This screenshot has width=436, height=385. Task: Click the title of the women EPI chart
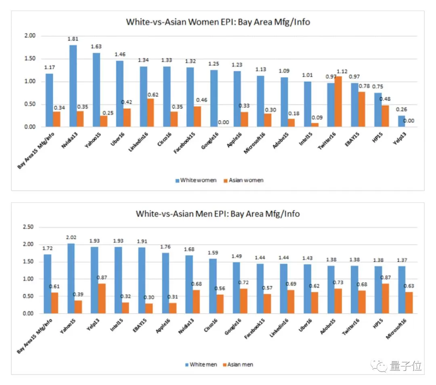pos(218,22)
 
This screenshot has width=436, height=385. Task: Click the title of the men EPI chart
pos(218,214)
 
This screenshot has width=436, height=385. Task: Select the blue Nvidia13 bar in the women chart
pos(73,86)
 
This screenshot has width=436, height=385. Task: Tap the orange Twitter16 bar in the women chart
pos(338,101)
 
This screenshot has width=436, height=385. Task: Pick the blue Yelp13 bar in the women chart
pos(402,121)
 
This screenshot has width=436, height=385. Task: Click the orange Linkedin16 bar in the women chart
pos(151,113)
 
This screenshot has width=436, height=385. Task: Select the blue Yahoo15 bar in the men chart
pos(71,278)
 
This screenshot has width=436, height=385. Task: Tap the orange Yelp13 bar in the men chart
pos(102,299)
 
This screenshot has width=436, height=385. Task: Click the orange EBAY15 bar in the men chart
pos(149,309)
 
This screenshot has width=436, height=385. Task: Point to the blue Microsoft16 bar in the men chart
pos(402,290)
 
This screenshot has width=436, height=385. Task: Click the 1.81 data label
pos(73,39)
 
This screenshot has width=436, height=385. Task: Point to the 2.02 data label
pos(71,237)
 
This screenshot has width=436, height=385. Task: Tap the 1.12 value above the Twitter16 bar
pos(342,71)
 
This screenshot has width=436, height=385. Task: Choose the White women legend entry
pos(196,180)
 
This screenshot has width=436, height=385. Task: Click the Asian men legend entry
pos(238,364)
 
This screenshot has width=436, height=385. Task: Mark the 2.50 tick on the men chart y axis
pos(28,227)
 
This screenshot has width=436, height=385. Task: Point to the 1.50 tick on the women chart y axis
pos(30,59)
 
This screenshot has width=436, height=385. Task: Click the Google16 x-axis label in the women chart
pos(210,141)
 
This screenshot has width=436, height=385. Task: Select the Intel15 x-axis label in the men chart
pos(117,325)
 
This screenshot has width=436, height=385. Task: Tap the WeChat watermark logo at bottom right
pos(379,365)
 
